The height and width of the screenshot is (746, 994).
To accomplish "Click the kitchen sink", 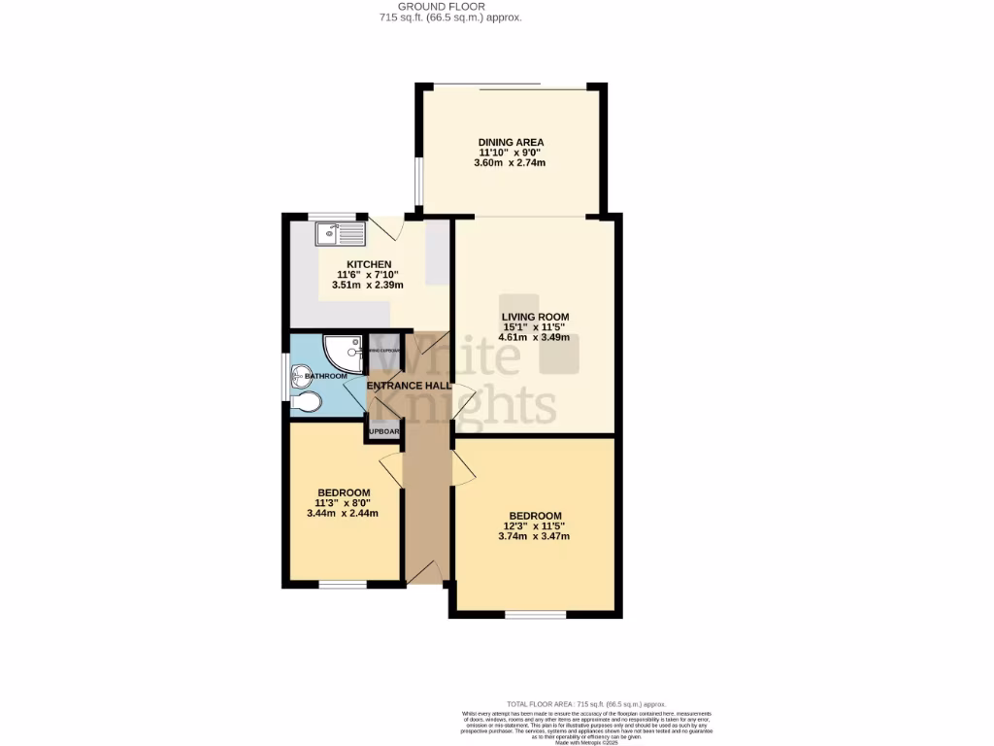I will tap(339, 233).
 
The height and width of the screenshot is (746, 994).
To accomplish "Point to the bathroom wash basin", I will tap(298, 375).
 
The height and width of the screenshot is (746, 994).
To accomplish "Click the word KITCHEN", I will tap(369, 264).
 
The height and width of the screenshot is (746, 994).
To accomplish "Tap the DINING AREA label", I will tap(511, 143).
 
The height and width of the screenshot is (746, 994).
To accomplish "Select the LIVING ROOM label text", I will tap(535, 317).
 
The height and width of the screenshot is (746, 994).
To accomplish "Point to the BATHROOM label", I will tap(326, 376).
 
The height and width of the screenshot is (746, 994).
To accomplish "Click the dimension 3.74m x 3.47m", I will tap(534, 536).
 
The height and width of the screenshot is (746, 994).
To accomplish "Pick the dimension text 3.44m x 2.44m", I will tap(342, 514).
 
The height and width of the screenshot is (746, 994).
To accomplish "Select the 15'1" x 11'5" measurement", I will tap(535, 327).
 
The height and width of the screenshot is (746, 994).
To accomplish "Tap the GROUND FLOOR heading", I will tap(449, 7).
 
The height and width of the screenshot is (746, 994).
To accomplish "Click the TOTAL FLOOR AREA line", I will tap(586, 703).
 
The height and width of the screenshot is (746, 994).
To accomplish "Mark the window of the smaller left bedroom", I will tap(343, 585).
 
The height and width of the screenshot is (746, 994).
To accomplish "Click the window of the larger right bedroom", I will tap(535, 614).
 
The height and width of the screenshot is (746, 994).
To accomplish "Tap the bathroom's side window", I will tap(285, 377).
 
